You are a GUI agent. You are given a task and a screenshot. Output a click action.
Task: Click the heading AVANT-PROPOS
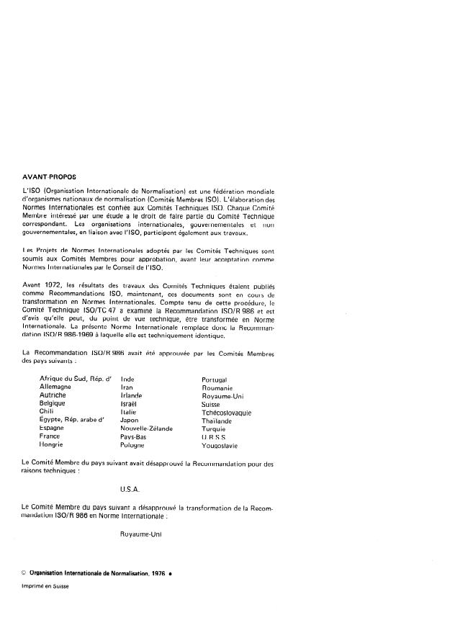(x=50, y=175)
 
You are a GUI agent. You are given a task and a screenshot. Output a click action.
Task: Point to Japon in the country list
(x=130, y=421)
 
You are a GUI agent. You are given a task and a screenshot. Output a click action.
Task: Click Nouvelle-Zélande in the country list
(x=147, y=428)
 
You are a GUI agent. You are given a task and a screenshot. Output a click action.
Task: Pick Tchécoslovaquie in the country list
(x=227, y=413)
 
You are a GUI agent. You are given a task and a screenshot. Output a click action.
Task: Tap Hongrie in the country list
(x=52, y=445)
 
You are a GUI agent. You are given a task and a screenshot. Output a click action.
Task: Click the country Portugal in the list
(x=215, y=380)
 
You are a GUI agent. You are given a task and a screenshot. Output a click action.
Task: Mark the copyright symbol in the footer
(x=24, y=573)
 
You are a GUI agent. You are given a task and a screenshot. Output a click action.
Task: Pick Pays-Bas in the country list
(x=134, y=437)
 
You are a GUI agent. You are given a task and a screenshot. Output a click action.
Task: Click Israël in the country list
(x=129, y=404)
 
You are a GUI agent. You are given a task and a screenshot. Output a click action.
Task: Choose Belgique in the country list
(x=53, y=404)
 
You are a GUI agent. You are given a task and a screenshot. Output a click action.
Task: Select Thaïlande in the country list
(x=217, y=421)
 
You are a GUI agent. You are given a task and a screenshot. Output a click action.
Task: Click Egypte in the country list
(x=52, y=421)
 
